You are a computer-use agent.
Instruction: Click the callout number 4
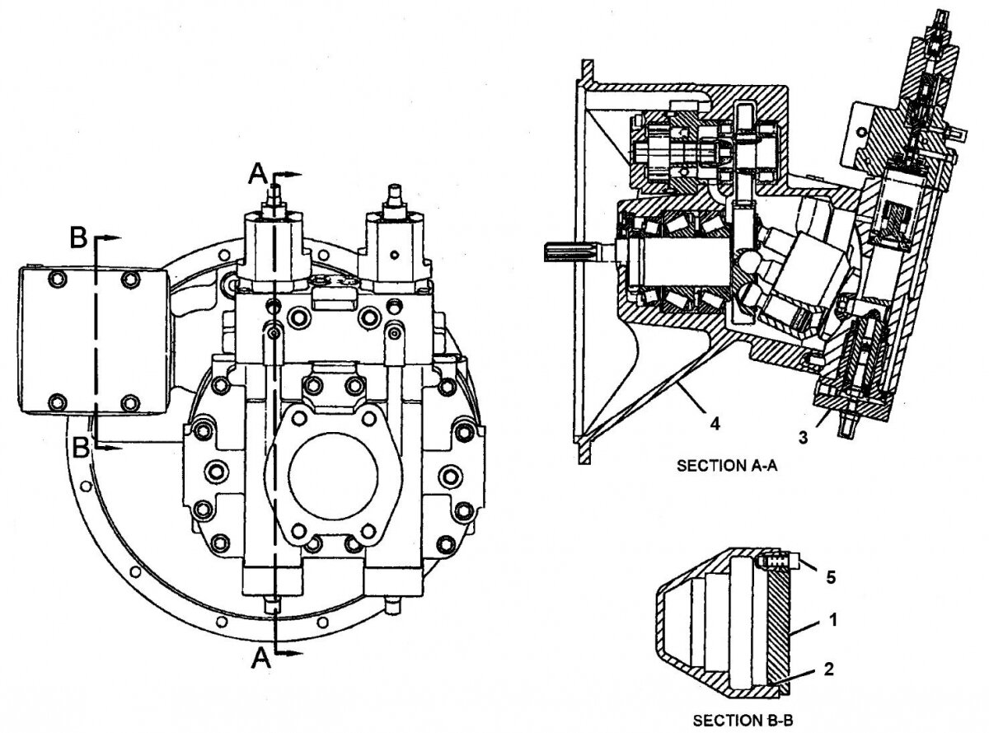[x=715, y=425]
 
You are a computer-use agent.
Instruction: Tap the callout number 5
[x=832, y=576]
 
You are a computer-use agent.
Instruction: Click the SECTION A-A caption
[x=727, y=466]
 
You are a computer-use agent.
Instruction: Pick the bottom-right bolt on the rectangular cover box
[x=129, y=404]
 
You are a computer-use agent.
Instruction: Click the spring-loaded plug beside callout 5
[x=778, y=562]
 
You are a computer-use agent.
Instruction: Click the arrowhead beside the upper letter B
[x=112, y=237]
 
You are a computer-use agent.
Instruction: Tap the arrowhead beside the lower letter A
[x=292, y=653]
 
